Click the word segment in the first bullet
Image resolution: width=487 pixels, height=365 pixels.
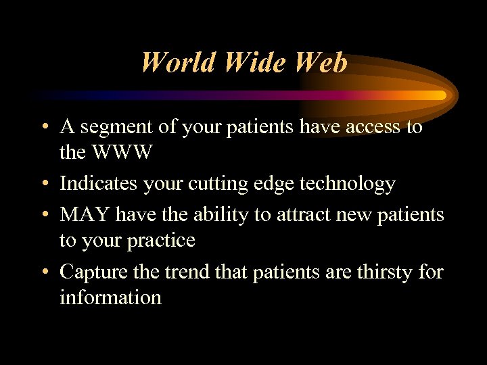pos(122,127)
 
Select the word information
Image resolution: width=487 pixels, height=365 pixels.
pos(110,297)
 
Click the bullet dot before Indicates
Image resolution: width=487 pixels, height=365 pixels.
pos(45,185)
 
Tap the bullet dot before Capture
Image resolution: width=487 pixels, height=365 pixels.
pos(45,272)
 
